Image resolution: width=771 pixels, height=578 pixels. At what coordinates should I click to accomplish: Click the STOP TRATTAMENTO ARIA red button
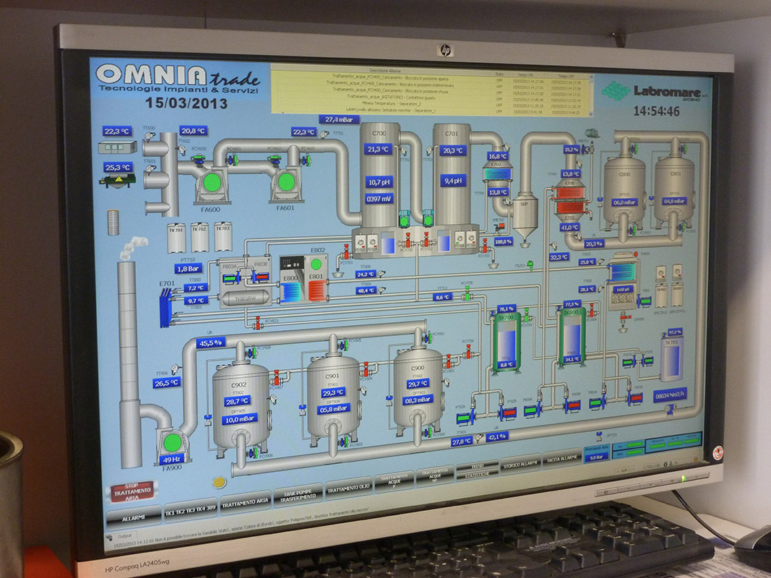click(x=131, y=492)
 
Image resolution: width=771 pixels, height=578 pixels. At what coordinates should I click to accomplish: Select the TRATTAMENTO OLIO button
click(x=349, y=486)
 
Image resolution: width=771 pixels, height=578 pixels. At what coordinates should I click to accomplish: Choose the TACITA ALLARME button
click(x=562, y=459)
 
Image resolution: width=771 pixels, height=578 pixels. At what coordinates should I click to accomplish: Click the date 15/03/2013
click(x=186, y=103)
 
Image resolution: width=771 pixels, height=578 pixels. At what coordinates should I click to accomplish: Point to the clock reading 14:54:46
click(x=656, y=111)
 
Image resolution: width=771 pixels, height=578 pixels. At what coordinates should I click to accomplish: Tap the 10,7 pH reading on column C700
click(x=379, y=182)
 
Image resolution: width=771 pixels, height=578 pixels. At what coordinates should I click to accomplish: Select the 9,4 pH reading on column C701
click(x=453, y=181)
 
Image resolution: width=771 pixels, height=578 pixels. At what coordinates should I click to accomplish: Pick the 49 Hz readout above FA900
click(x=171, y=460)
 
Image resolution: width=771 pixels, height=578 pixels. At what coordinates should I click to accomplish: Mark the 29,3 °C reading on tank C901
click(x=333, y=392)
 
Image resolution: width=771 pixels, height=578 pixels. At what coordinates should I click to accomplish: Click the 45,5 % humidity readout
click(x=210, y=342)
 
